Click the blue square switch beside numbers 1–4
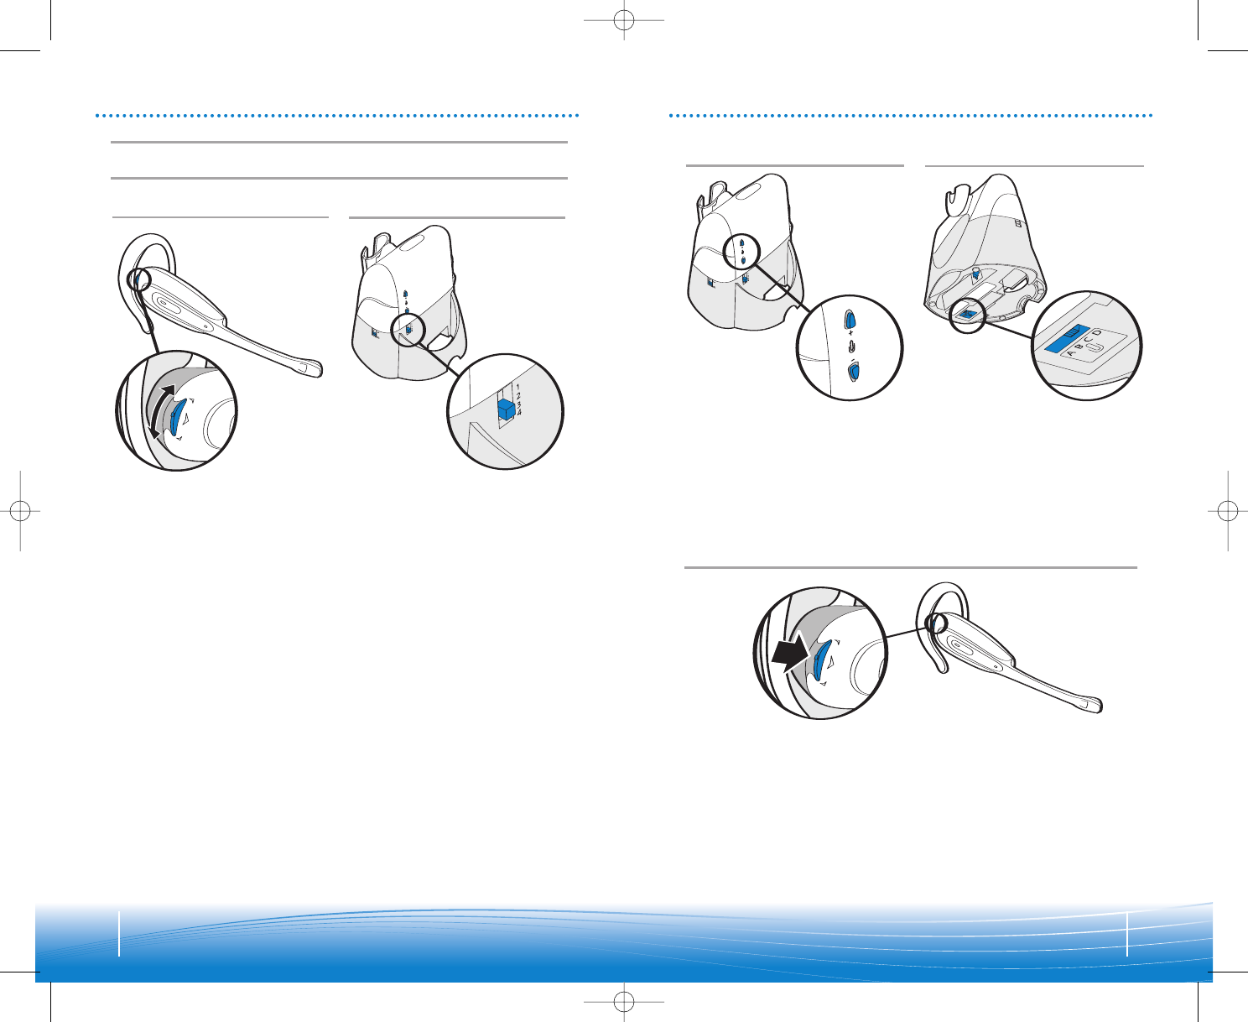[x=506, y=409]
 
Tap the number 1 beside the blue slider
[x=517, y=388]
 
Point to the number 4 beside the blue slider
[x=519, y=412]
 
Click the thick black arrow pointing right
[x=791, y=652]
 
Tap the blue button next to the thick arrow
[x=821, y=659]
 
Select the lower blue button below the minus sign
[x=853, y=372]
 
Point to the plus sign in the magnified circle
[x=850, y=333]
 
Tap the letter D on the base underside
[x=1097, y=333]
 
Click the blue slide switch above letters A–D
[x=1067, y=338]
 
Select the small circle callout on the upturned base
[x=967, y=315]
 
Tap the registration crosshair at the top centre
[x=624, y=20]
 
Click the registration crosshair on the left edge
[x=20, y=510]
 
